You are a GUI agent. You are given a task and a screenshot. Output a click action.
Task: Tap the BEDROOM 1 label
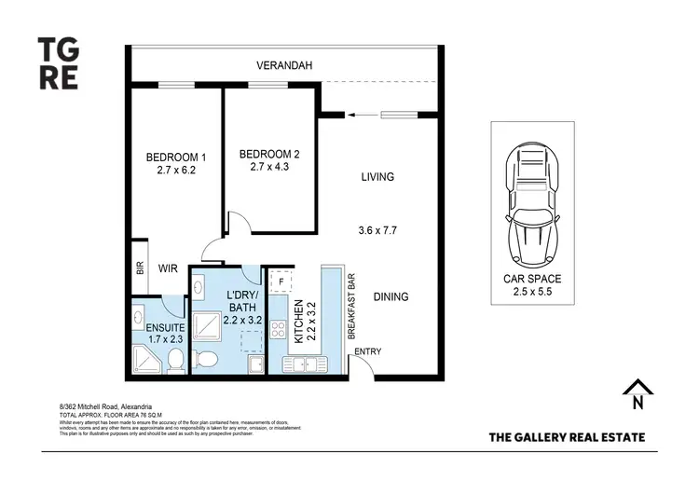(x=176, y=157)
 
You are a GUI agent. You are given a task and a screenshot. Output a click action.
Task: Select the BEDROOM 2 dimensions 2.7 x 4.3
(x=269, y=168)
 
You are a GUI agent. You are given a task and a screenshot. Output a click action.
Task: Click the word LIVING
(x=377, y=176)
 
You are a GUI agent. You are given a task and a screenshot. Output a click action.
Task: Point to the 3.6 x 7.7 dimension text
(x=377, y=229)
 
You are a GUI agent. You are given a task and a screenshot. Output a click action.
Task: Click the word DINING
(x=391, y=297)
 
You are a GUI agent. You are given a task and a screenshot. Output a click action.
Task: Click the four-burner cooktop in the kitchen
(x=278, y=330)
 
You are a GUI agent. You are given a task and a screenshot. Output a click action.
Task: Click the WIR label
(x=168, y=268)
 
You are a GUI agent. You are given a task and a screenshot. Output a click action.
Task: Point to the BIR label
(x=140, y=269)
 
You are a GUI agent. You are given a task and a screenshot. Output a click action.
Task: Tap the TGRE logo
(x=59, y=62)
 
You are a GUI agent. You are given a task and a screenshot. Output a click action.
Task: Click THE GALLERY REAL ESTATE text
(x=566, y=436)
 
